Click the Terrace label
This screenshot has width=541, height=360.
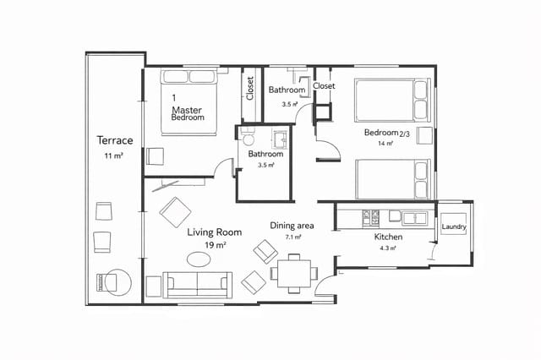point(114,140)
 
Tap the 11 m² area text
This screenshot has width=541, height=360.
point(114,157)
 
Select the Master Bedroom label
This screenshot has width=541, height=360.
point(189,113)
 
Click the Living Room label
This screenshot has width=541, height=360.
point(215,232)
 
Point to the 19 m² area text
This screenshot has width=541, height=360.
point(215,245)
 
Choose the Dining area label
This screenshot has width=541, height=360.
point(292,226)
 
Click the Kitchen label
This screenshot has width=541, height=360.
point(388,237)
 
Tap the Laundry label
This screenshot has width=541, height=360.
point(454,226)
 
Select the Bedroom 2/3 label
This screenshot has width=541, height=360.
point(387,133)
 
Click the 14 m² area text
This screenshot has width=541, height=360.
point(386,144)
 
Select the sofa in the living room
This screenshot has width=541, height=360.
point(197,284)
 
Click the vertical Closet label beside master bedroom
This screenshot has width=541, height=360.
point(250,89)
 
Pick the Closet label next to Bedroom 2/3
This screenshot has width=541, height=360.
point(324,86)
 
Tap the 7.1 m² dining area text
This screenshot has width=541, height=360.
point(292,237)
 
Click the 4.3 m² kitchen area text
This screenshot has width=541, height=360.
point(388,249)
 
